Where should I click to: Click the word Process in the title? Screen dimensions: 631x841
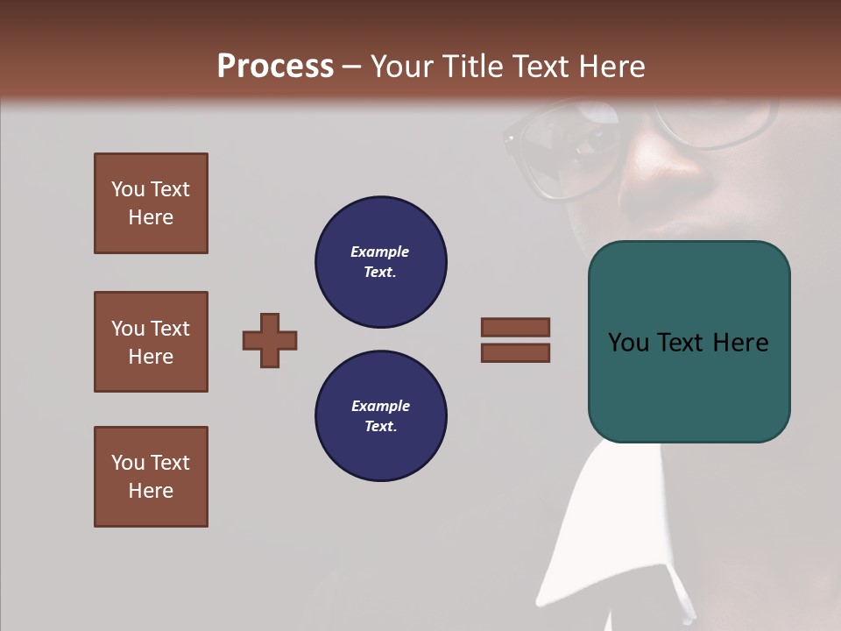[275, 66]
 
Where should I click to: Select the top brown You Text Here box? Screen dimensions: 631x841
[151, 203]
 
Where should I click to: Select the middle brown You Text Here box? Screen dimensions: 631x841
[151, 342]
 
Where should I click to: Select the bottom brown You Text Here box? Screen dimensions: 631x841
[151, 477]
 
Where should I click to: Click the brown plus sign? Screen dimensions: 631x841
[270, 340]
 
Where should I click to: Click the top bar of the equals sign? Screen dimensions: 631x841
[515, 327]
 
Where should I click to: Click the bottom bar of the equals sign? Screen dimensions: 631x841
[515, 353]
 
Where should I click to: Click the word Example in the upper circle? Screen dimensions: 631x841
[379, 252]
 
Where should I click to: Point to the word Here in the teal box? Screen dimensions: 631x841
[740, 342]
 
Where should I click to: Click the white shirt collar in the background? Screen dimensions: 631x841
[596, 526]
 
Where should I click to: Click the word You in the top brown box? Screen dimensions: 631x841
[128, 189]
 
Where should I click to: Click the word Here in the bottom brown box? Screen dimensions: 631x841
[151, 491]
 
